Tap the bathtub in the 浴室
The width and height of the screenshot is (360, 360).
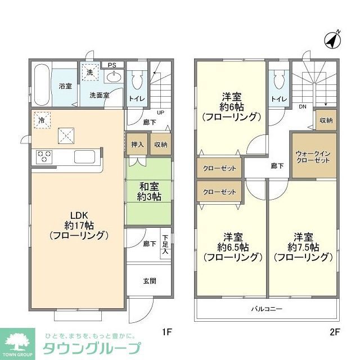41,85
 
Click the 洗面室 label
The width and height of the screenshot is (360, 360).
99,95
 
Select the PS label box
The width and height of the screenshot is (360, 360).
112,64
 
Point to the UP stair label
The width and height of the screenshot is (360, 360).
160,112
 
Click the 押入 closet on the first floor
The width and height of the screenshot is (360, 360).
137,145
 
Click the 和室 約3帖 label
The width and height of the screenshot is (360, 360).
148,191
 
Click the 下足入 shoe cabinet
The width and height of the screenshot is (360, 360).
165,245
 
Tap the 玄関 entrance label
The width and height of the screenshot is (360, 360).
149,281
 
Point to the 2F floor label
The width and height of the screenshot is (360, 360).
335,331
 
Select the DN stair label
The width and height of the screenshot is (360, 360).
303,107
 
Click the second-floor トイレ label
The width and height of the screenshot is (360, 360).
278,100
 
